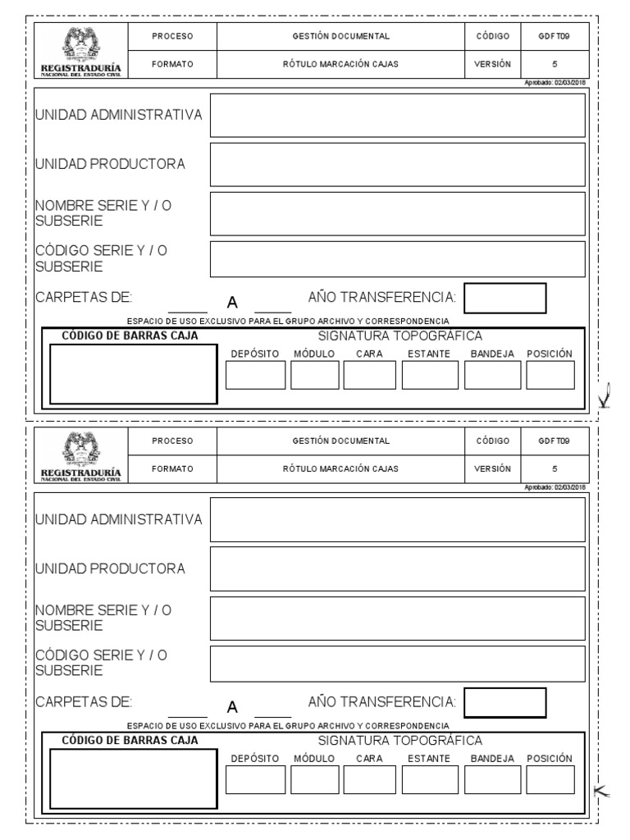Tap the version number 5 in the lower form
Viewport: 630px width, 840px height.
tap(555, 468)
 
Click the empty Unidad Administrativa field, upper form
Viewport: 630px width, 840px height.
tap(398, 115)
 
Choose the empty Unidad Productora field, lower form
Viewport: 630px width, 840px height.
tap(398, 568)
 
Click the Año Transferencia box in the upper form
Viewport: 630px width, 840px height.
tap(505, 298)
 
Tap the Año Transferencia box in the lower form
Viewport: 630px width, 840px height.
tap(505, 702)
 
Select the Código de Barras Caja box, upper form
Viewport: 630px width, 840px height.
tap(133, 373)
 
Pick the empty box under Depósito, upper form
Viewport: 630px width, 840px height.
tap(255, 374)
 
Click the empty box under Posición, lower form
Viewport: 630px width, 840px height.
tap(550, 779)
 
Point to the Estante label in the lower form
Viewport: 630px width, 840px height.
tap(428, 759)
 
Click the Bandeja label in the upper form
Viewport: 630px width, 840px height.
tap(492, 354)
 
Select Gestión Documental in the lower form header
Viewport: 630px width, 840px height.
tap(340, 441)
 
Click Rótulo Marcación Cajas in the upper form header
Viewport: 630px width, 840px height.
tap(340, 64)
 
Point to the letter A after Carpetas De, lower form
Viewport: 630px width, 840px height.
tap(232, 707)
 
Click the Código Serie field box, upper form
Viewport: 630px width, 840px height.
tap(398, 259)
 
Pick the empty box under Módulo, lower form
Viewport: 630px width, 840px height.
tap(314, 779)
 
